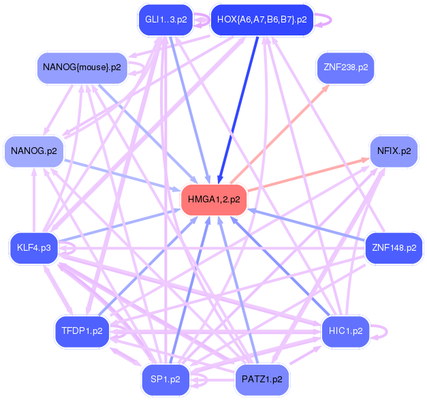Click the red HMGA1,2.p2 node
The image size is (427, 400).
[213, 200]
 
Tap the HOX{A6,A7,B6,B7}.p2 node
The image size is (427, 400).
[262, 20]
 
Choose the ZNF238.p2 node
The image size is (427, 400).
[345, 67]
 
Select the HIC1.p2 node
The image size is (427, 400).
[345, 331]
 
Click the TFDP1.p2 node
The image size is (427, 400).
[82, 331]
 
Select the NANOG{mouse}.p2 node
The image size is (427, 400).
[82, 67]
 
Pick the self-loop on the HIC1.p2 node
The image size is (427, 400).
[383, 332]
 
